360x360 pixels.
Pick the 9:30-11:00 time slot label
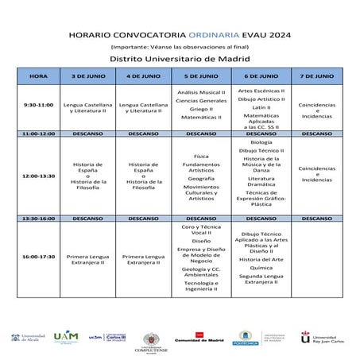tap(38, 105)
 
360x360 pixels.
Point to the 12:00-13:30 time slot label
tap(38, 175)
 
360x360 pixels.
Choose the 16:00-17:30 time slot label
tap(38, 257)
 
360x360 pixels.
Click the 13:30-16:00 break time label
tap(38, 217)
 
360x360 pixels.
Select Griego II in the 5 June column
tap(200, 109)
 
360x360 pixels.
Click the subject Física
tap(200, 157)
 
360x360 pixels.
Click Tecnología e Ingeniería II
tap(200, 286)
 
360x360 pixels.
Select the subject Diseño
tap(200, 240)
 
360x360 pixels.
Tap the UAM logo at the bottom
tap(66, 337)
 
